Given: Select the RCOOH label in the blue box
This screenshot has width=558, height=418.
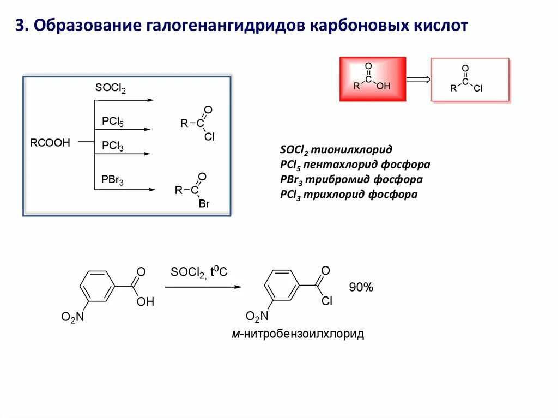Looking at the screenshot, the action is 50,143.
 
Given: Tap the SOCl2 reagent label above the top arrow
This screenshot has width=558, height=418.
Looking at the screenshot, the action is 111,88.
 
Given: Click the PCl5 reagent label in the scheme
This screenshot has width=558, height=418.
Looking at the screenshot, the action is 113,122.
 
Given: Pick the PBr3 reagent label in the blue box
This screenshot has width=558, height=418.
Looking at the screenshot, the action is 113,180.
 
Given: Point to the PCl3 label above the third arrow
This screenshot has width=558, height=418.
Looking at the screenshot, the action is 113,146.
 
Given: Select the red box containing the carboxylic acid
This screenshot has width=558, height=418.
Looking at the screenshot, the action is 373,79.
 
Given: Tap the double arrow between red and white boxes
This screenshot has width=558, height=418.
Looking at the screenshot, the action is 418,80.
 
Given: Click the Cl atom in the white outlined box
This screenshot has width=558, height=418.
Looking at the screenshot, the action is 478,88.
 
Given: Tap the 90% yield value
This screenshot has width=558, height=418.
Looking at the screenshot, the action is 361,288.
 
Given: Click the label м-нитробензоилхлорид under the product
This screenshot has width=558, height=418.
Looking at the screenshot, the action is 298,334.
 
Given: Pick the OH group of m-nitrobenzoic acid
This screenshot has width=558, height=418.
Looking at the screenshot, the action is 145,301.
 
